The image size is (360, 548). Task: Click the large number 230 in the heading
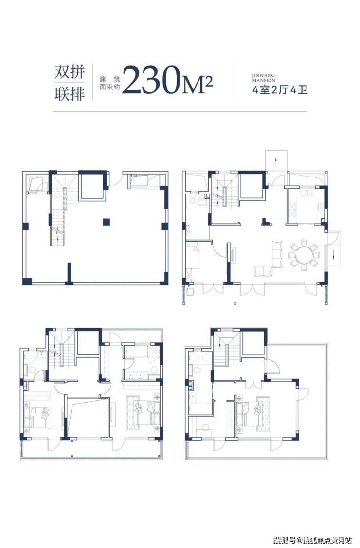click(151, 80)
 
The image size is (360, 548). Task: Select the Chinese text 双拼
click(70, 72)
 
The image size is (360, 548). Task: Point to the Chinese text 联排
click(70, 94)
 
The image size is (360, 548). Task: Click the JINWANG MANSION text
click(264, 78)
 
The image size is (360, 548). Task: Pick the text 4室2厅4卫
click(280, 90)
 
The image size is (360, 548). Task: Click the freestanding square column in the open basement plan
click(107, 221)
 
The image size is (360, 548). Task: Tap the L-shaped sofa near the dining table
click(269, 258)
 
